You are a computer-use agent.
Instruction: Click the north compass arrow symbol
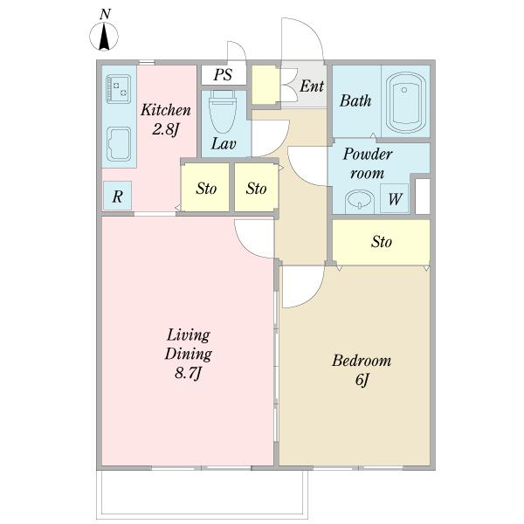104,37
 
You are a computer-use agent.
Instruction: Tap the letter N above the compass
105,14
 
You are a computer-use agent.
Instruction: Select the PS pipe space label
223,74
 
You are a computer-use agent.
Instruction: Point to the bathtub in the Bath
406,102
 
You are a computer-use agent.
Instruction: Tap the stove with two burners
118,88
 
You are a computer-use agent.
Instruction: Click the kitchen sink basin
119,144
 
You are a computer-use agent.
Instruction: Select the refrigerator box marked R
117,196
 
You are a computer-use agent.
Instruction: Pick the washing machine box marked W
395,198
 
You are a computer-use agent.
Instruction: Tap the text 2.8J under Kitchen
166,129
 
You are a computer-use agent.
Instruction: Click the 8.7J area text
188,373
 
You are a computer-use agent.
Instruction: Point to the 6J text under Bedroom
362,379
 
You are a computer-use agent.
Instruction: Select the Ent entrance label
312,86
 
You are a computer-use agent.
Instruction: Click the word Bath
355,100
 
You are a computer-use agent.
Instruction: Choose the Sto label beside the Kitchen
206,188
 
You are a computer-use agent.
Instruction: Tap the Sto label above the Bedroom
382,241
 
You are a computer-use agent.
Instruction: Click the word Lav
224,144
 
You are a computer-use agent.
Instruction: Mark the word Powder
368,154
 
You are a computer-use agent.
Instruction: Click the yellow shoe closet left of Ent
265,84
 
